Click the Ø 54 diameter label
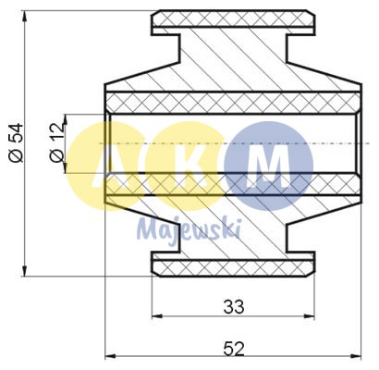15,144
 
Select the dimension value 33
233,306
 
